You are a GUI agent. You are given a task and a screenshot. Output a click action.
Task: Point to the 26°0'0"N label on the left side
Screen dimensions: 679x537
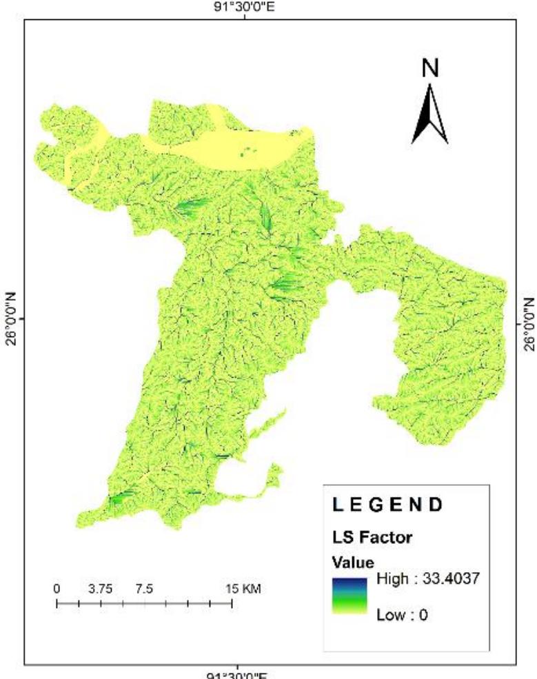pos(12,319)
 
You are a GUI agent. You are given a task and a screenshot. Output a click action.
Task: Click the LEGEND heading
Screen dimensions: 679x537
pos(387,505)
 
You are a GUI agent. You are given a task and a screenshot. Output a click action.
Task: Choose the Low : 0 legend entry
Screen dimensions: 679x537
pos(402,614)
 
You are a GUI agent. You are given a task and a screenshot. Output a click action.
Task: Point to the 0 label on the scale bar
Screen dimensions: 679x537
pos(57,589)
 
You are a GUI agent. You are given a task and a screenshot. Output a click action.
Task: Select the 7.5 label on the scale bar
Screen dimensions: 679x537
pos(144,589)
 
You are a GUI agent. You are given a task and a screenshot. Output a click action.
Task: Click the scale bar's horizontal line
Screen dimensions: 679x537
pos(144,604)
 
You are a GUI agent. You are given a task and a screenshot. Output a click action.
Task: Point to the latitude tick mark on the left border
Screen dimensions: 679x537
pos(26,319)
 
